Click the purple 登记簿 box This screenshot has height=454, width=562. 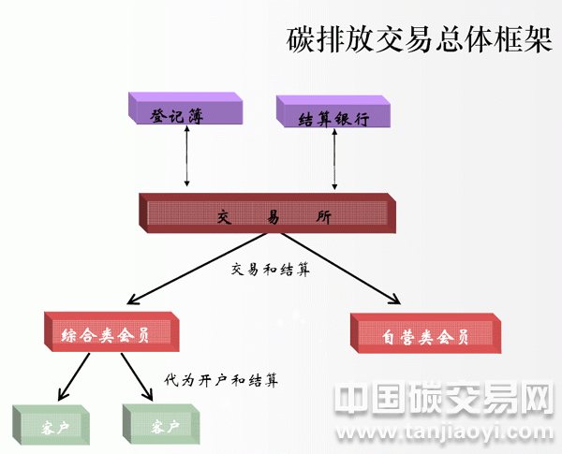[x=184, y=113]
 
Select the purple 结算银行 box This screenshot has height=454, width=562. [x=333, y=116]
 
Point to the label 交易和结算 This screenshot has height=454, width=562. [x=270, y=269]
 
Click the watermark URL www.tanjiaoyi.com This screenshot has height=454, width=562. [x=445, y=432]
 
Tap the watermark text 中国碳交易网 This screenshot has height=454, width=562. [x=444, y=401]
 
